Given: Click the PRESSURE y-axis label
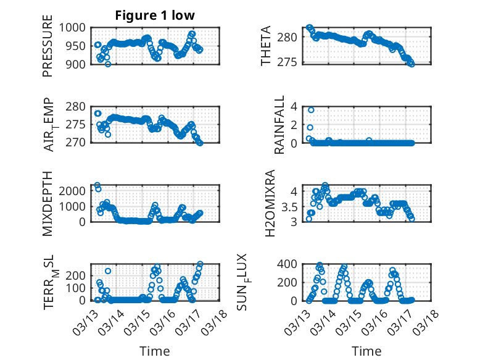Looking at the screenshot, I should (x=48, y=50).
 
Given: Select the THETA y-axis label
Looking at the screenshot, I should (x=266, y=46).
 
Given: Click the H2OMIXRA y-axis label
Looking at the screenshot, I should (x=270, y=204).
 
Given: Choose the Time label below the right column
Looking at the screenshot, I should (x=366, y=351).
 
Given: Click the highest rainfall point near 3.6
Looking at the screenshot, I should (x=311, y=110).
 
